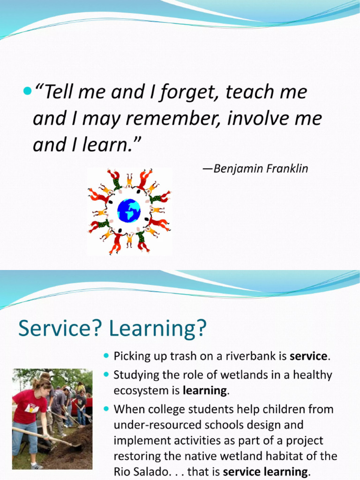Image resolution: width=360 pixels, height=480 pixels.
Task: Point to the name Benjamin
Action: [x=237, y=169]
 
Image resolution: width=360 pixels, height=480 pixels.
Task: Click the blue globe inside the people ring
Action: [x=129, y=210]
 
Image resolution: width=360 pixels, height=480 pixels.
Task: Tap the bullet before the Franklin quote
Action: [x=26, y=90]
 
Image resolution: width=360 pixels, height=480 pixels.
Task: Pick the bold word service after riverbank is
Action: [x=308, y=356]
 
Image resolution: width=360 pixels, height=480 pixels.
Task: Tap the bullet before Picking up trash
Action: [x=105, y=356]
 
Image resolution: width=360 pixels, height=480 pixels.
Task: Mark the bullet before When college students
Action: [x=105, y=409]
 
